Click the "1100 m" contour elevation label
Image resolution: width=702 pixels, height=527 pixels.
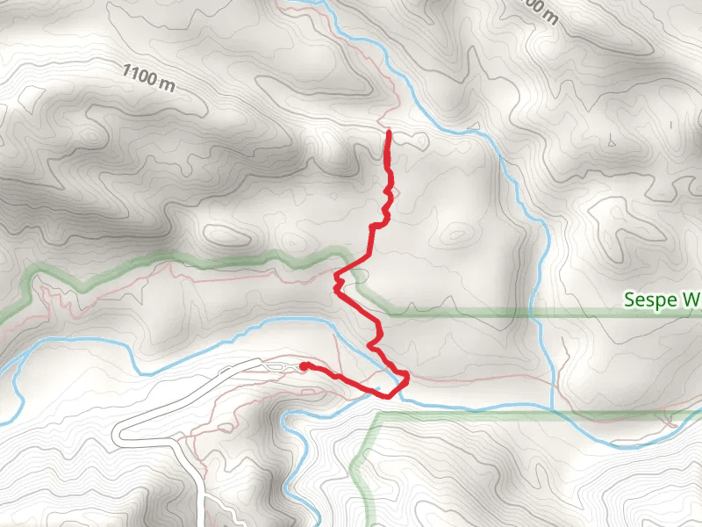click(x=150, y=78)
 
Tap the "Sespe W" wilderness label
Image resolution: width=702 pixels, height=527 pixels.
click(x=662, y=300)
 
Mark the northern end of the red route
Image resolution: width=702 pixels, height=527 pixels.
click(x=388, y=132)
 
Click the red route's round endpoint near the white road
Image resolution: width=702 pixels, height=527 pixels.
click(x=303, y=365)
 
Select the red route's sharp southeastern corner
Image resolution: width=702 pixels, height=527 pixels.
click(x=407, y=377)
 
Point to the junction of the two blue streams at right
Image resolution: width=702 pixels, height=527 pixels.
click(x=552, y=407)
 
